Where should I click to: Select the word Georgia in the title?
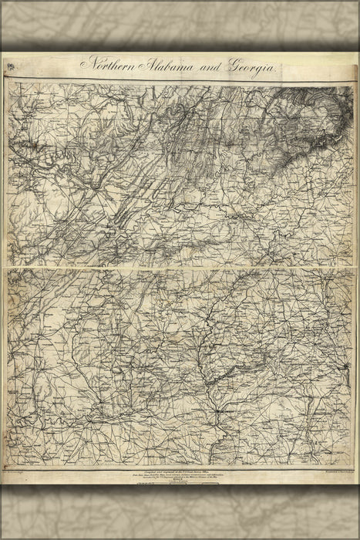(x=248, y=67)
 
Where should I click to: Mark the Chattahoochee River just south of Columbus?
(x=220, y=432)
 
